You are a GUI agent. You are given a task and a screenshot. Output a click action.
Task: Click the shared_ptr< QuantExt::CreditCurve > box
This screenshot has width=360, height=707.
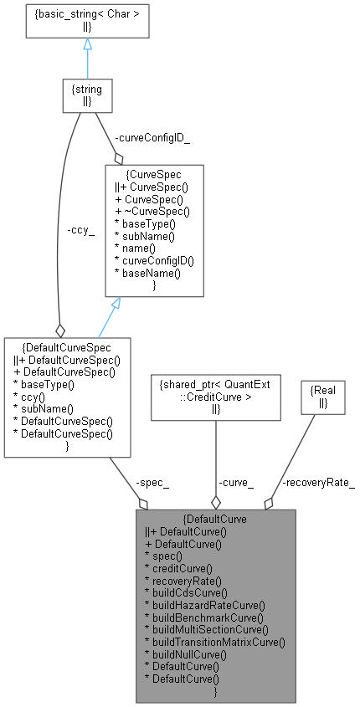[x=216, y=397]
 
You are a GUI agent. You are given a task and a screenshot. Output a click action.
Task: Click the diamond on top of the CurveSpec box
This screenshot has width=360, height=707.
[x=119, y=157]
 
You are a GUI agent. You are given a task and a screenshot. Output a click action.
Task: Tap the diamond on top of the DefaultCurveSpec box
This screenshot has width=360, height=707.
[x=60, y=330]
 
